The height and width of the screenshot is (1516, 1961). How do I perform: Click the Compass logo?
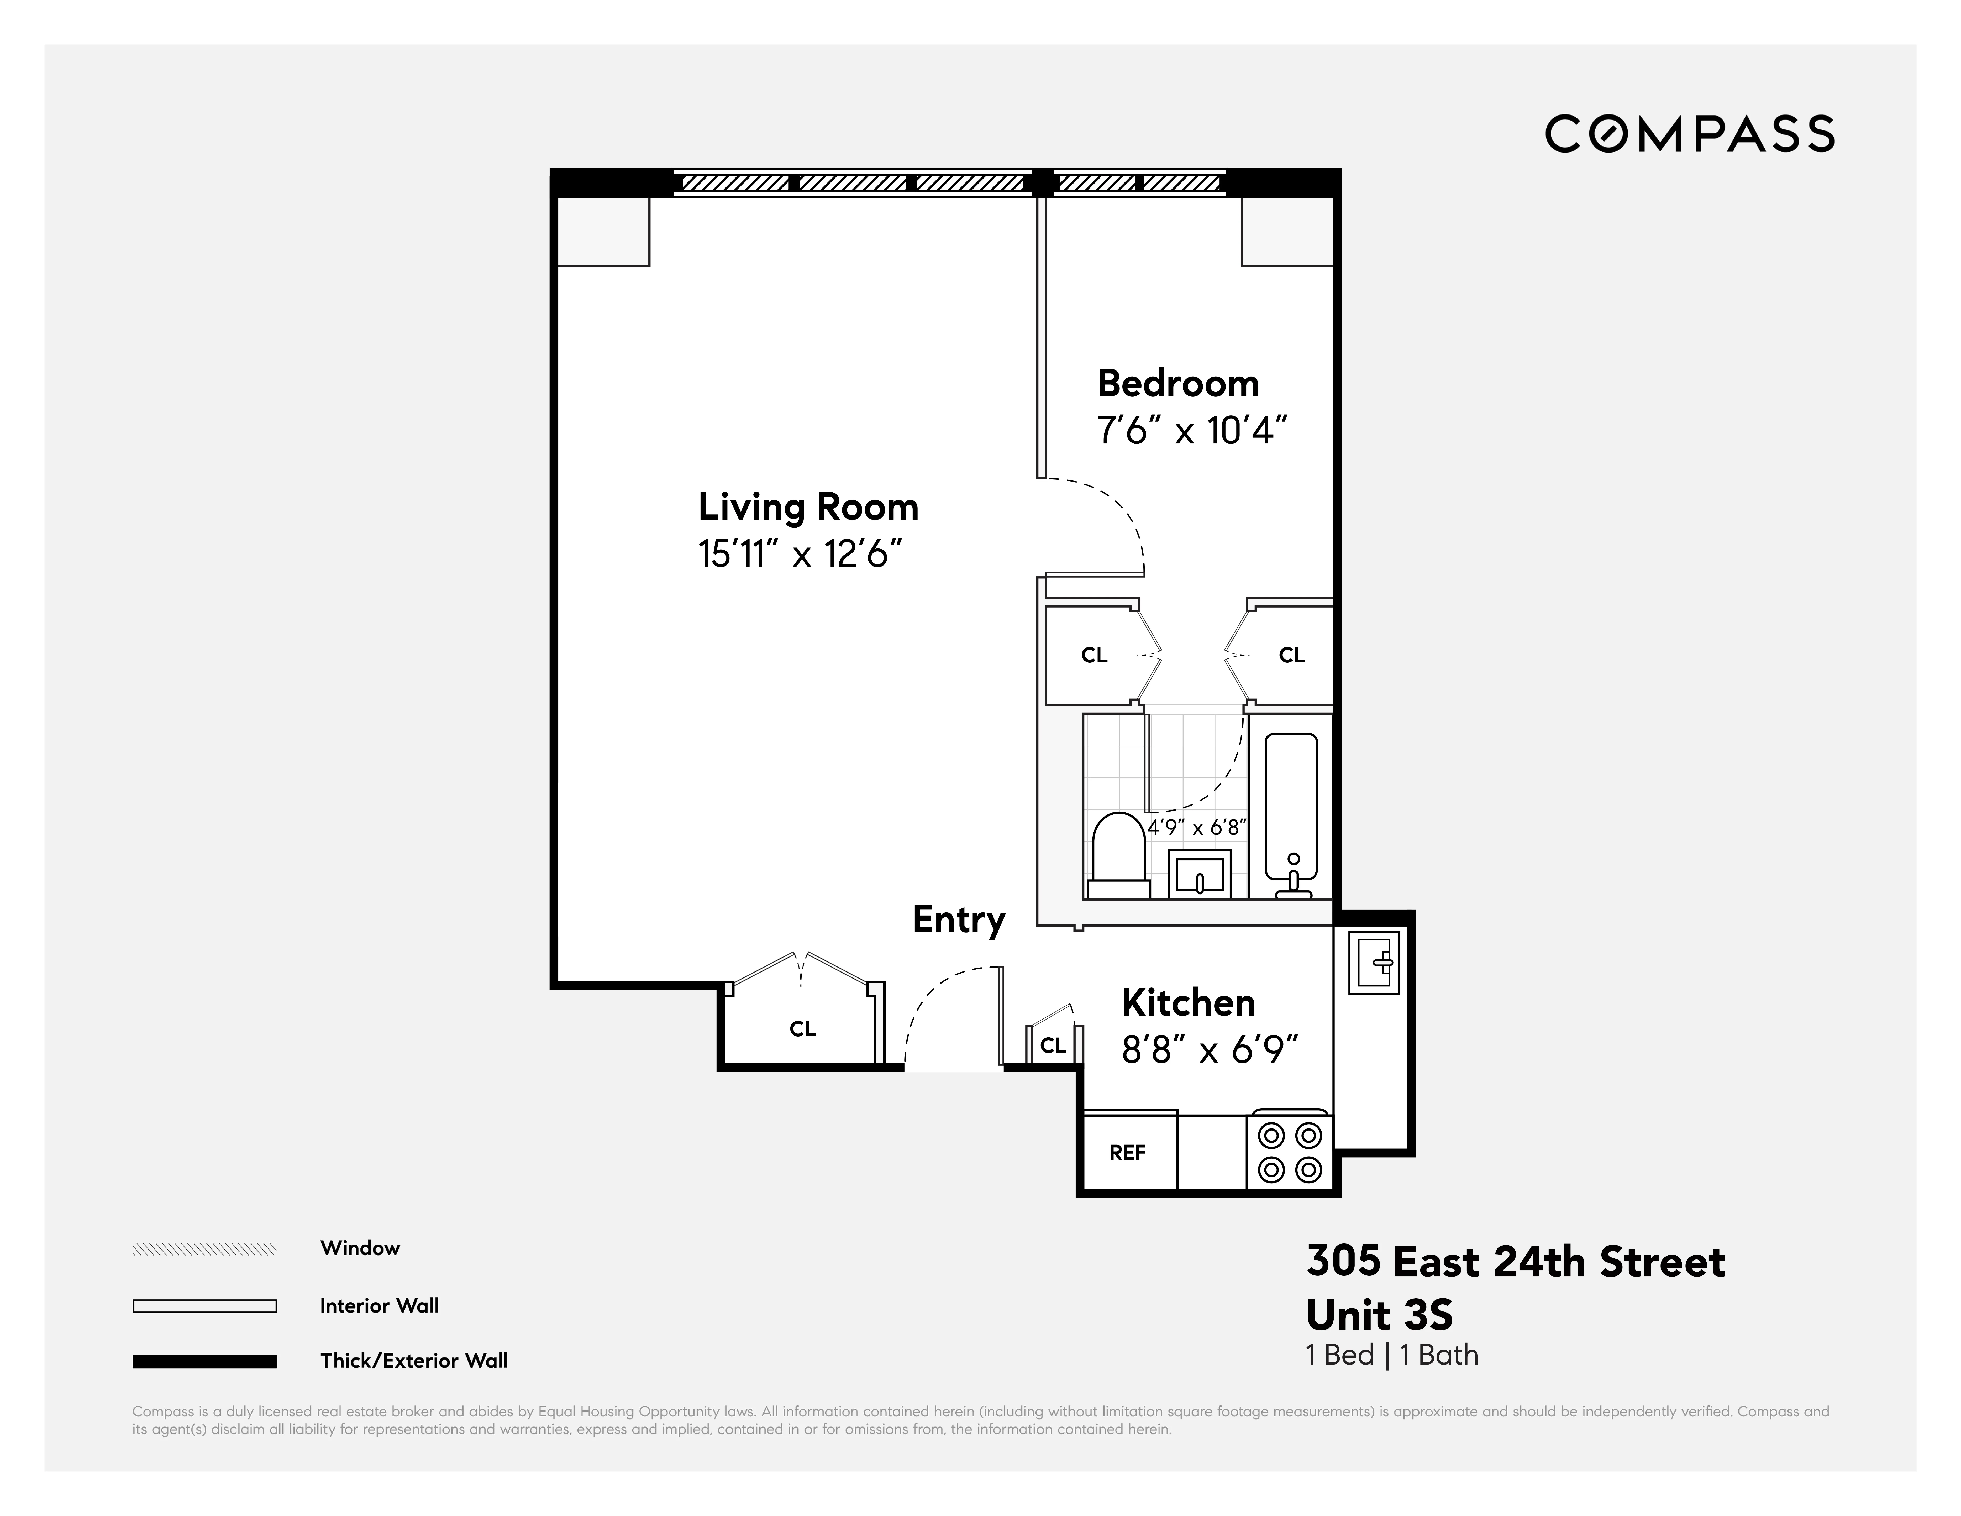pyautogui.click(x=1689, y=134)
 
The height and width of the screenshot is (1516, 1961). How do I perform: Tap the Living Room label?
pyautogui.click(x=808, y=508)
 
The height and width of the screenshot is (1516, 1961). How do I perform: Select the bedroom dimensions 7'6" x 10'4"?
pyautogui.click(x=1191, y=431)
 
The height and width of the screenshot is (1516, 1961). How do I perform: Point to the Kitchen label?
pyautogui.click(x=1188, y=1002)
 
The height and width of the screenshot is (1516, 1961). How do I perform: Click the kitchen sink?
pyautogui.click(x=1374, y=962)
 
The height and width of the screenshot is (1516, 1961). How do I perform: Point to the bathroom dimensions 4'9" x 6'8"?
pyautogui.click(x=1198, y=827)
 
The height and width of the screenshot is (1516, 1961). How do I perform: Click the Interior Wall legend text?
pyautogui.click(x=379, y=1306)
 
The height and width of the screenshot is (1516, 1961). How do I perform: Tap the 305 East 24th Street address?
pyautogui.click(x=1515, y=1262)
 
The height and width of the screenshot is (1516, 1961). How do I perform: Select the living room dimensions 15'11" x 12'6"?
pyautogui.click(x=799, y=554)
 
